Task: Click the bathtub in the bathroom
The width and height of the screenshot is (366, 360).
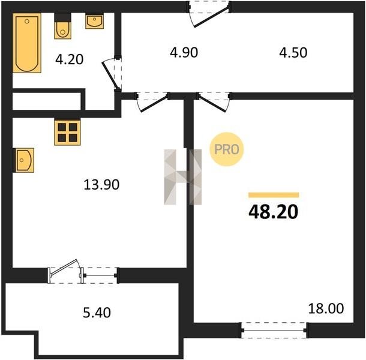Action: [x=27, y=43]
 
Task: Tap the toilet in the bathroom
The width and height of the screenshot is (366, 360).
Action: [x=62, y=26]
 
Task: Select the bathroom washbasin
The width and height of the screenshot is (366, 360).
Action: [x=95, y=21]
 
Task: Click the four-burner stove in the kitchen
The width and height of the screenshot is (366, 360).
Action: [x=67, y=133]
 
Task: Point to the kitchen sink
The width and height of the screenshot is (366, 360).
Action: [x=23, y=160]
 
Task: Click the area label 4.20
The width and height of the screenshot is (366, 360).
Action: [x=70, y=59]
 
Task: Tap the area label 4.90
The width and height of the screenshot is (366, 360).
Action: [x=184, y=53]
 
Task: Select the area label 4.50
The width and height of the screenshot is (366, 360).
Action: [x=293, y=53]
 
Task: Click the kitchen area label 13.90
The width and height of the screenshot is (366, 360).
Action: [x=101, y=184]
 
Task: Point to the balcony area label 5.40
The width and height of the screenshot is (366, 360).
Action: [x=97, y=313]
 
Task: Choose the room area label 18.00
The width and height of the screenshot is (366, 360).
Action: [x=326, y=308]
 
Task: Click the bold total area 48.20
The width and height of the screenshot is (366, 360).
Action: [x=274, y=212]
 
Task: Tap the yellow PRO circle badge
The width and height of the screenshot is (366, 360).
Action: [x=227, y=149]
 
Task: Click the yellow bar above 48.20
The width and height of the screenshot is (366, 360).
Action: [x=274, y=195]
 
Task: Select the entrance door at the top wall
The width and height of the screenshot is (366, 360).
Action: [x=208, y=14]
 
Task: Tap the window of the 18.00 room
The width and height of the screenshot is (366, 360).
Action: [x=274, y=330]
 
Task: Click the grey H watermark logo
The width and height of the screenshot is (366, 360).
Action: [x=182, y=177]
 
